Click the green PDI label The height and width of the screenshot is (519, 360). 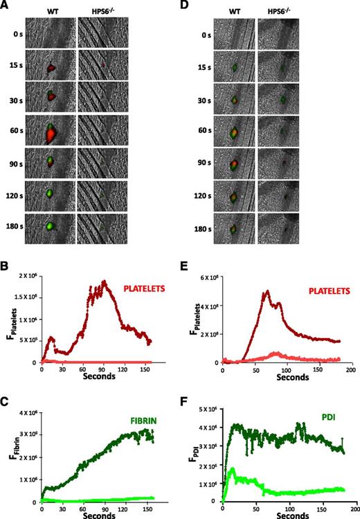point(328,418)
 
